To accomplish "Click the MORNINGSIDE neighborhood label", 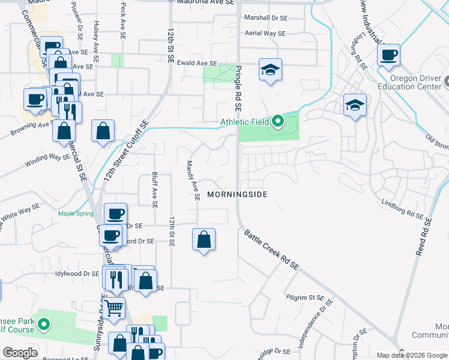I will [x=237, y=194].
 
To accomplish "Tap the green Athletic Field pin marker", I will [x=277, y=122].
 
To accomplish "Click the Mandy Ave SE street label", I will [x=191, y=181].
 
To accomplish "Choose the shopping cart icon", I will [x=113, y=309].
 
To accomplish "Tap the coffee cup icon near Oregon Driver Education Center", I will [x=389, y=55].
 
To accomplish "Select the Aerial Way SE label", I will [x=265, y=34].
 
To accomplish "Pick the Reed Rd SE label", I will [x=424, y=236].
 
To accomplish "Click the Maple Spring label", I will [x=76, y=214].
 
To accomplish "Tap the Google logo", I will [x=20, y=353].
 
